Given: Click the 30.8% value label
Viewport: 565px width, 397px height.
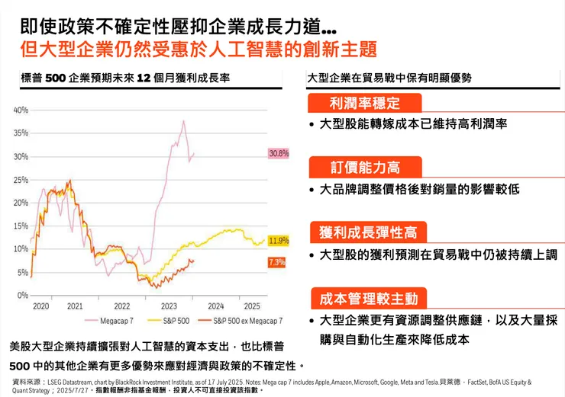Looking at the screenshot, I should (279, 153).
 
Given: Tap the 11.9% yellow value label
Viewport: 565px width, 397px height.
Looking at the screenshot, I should (279, 241).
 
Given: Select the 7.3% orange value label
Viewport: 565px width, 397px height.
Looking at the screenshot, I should (277, 262).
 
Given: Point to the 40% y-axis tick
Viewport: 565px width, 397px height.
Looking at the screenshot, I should (21, 110).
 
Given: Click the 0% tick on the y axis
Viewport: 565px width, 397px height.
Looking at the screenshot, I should (23, 295).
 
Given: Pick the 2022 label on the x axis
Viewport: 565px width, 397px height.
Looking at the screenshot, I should (122, 306).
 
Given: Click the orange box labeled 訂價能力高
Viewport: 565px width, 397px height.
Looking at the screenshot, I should (364, 167).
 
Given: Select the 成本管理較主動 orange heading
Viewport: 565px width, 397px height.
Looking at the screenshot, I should (367, 298).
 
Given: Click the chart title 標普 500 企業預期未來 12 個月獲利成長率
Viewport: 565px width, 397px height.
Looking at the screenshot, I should (126, 78).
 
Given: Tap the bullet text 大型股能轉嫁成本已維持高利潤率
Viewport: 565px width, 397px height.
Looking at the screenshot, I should (413, 123).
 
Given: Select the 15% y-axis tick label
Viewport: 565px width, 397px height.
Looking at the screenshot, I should (21, 226).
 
